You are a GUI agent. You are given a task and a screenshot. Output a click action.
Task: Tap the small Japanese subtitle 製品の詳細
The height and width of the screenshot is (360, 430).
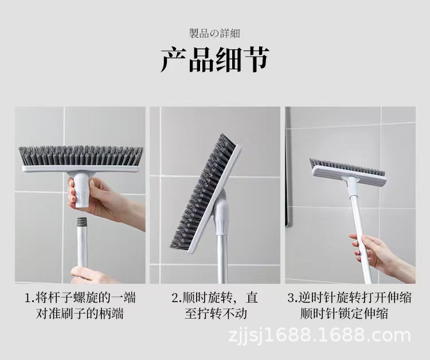[x=214, y=33]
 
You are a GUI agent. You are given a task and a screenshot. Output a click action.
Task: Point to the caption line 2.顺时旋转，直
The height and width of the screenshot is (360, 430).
[x=215, y=298]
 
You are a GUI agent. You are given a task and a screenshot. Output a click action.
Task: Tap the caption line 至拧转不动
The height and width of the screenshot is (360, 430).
[x=215, y=314]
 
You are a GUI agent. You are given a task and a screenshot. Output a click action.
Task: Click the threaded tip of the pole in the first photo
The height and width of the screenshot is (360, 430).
[x=83, y=220]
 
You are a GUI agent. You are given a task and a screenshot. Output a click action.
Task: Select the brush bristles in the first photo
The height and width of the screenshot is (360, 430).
[x=81, y=155]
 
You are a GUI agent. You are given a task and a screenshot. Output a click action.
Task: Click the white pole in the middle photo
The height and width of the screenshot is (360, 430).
[x=221, y=258]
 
